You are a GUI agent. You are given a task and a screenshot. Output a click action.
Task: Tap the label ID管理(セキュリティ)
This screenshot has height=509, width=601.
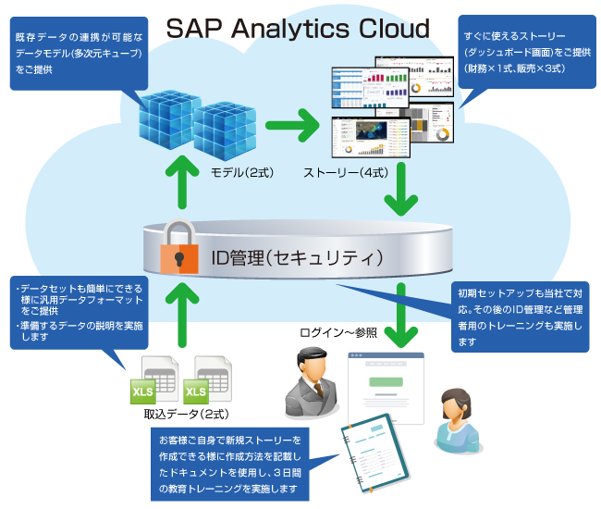[x=287, y=254]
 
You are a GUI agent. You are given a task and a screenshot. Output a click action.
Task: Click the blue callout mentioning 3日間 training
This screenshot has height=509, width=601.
[x=230, y=462]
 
